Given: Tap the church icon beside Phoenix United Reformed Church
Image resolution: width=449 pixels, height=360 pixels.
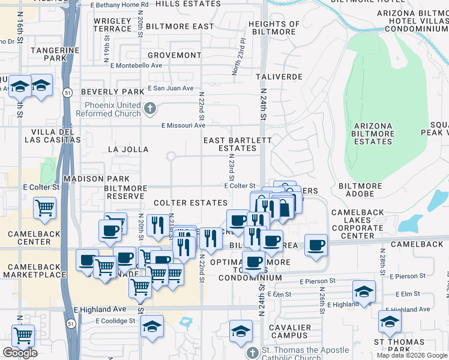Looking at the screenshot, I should pos(149,109).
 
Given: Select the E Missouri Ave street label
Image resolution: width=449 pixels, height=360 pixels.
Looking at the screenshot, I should pos(183,125).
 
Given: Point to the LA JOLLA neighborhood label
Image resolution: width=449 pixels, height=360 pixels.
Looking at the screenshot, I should pos(127,149).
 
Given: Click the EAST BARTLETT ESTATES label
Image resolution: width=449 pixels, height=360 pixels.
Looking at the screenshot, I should pos(238,144).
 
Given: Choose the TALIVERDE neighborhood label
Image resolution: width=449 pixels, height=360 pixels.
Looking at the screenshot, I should pos(279,77).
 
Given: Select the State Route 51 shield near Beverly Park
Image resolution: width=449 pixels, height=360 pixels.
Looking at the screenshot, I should pos(68,92).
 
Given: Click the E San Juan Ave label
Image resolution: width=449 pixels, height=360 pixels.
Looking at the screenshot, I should pos(170,88).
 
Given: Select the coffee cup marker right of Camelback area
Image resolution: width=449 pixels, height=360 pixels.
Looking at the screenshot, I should pos(316,245).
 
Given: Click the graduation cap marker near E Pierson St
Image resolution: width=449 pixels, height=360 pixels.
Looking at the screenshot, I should pos(364,292).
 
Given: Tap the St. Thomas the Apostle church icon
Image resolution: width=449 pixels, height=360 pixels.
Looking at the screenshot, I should pos(253,352).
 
